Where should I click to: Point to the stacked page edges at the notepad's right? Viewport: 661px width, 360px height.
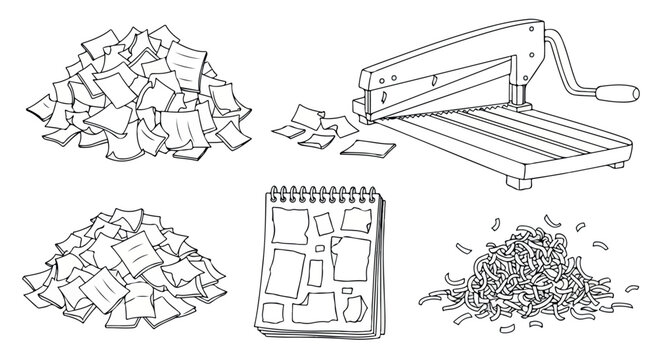pyautogui.click(x=378, y=260)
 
